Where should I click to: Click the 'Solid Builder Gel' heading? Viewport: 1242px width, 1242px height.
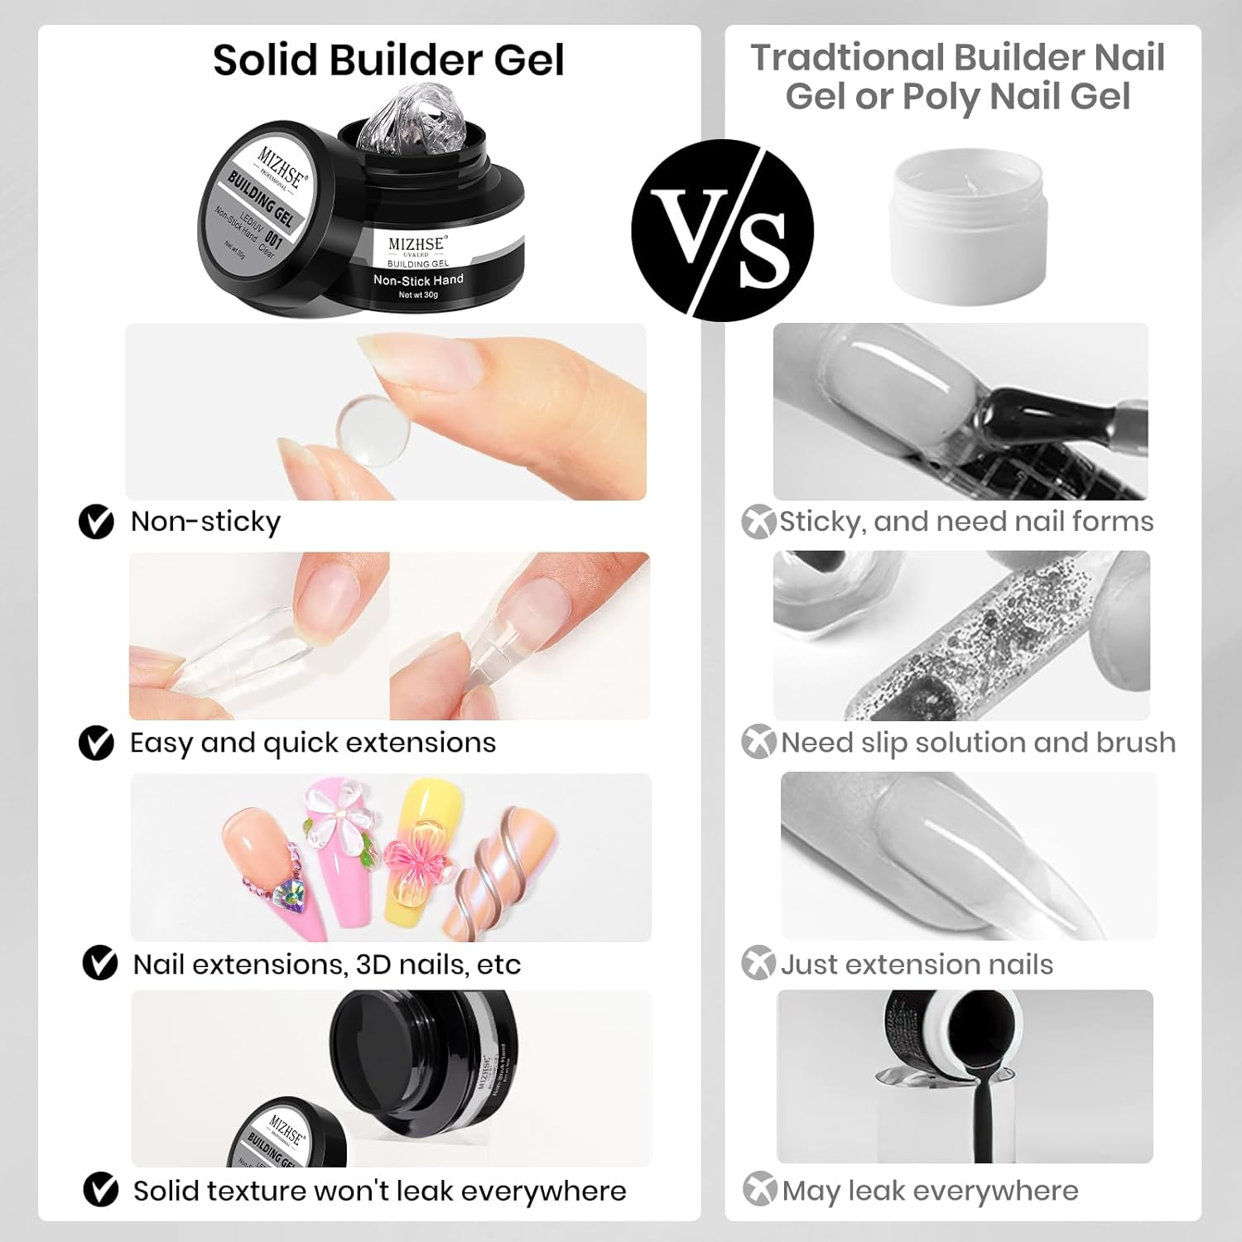pyautogui.click(x=388, y=60)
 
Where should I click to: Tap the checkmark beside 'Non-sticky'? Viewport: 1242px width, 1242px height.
pyautogui.click(x=96, y=522)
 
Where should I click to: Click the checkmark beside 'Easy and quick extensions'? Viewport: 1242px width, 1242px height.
pyautogui.click(x=96, y=743)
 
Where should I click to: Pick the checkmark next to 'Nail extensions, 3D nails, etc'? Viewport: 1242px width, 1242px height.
pyautogui.click(x=100, y=964)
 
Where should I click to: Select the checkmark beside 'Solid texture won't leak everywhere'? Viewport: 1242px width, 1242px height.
pyautogui.click(x=101, y=1190)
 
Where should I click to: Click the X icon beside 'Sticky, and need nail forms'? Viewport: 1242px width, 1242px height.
pyautogui.click(x=758, y=522)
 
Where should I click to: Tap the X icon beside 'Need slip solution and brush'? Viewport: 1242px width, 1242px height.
pyautogui.click(x=758, y=742)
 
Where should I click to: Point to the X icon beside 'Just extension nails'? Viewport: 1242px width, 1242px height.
pyautogui.click(x=758, y=963)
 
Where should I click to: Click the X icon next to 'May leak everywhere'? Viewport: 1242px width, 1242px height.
pyautogui.click(x=759, y=1189)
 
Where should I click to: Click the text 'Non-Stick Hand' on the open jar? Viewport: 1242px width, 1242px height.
pyautogui.click(x=418, y=281)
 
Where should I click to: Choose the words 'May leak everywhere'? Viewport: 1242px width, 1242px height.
pyautogui.click(x=930, y=1191)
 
